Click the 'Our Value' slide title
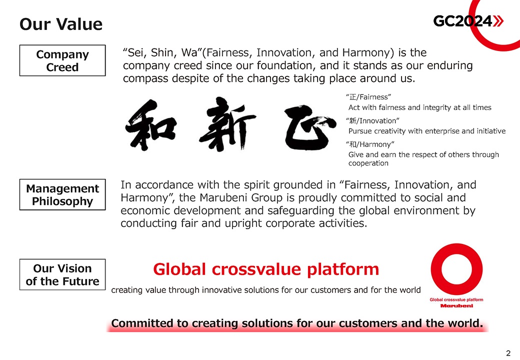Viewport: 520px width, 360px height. point(61,24)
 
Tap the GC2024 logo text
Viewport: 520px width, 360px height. point(462,21)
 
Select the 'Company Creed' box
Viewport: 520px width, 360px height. point(62,60)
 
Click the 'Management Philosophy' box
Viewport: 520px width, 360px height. point(62,194)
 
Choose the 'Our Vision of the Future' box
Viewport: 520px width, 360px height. point(62,274)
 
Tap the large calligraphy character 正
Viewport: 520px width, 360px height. point(310,127)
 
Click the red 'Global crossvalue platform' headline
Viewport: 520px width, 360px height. point(266,269)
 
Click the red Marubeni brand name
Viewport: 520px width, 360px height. point(456,305)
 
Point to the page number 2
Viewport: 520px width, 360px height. point(508,353)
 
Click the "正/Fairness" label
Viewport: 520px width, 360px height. point(368,97)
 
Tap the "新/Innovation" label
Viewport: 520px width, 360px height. point(372,120)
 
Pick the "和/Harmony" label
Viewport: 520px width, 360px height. point(370,144)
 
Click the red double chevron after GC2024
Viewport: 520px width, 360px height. point(498,21)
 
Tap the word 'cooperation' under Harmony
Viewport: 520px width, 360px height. point(368,163)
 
